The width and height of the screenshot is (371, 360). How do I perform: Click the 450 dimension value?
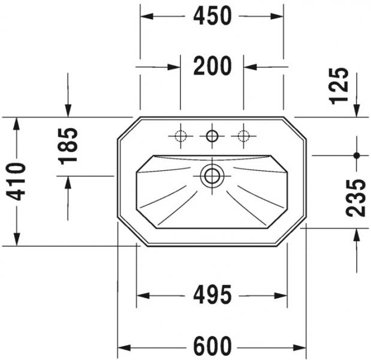click(212, 16)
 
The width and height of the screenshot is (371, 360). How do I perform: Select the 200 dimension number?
click(212, 66)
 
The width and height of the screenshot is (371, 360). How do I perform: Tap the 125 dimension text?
click(339, 86)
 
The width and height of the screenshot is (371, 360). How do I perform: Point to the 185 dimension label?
click(68, 146)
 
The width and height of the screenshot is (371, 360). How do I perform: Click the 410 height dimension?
click(16, 182)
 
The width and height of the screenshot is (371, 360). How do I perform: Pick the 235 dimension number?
click(355, 198)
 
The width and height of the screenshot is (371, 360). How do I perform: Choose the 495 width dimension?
click(212, 295)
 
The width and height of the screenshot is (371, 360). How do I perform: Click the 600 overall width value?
click(212, 346)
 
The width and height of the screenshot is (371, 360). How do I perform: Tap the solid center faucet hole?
click(212, 136)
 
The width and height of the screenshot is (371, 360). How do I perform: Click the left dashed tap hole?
click(180, 136)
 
